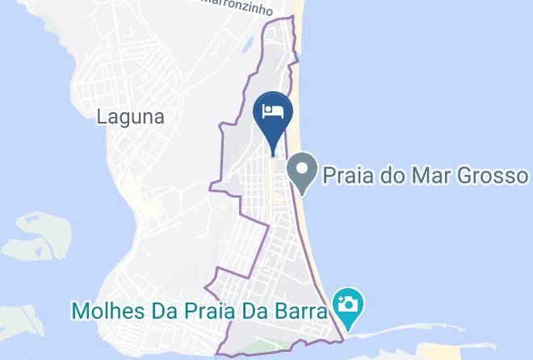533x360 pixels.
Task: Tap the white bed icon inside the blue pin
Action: (272, 111)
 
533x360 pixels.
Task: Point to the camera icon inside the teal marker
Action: (349, 304)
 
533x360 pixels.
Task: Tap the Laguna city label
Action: (130, 117)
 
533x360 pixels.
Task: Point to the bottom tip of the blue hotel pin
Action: (272, 153)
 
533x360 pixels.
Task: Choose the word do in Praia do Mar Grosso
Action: (401, 175)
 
